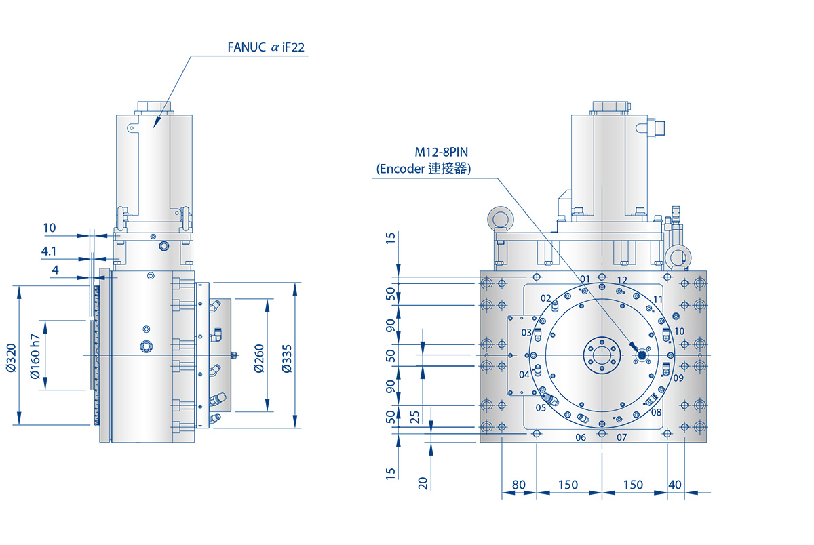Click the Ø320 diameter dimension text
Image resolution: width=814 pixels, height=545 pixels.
coord(10,356)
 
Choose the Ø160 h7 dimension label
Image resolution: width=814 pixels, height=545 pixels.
coord(36,356)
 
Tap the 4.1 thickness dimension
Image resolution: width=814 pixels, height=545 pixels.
coord(49,251)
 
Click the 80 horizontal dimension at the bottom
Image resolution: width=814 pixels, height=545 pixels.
coord(519,485)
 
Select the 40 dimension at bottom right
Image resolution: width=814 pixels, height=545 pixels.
coord(675,485)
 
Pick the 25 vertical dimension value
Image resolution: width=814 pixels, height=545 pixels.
coord(414,416)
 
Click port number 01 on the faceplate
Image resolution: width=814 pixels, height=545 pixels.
coord(585,279)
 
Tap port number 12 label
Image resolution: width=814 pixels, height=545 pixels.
coord(622,280)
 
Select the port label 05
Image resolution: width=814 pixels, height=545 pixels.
coord(541,407)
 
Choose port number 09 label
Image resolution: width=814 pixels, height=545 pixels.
coord(678,378)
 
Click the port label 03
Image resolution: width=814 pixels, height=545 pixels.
coord(526,332)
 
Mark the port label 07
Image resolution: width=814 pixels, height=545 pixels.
coord(622,437)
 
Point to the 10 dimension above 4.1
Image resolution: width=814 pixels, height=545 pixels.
coord(49,228)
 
